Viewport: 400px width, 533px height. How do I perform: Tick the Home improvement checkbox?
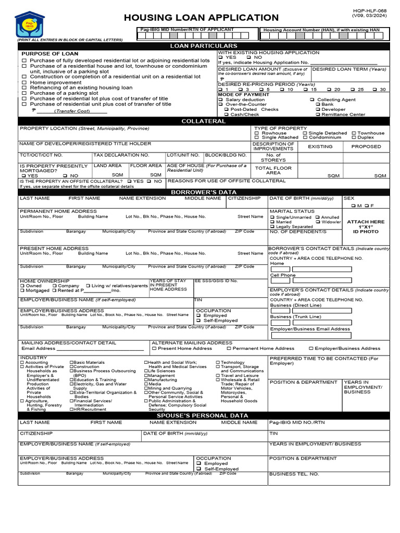(24, 82)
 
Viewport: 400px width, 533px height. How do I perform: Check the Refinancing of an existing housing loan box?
(24, 87)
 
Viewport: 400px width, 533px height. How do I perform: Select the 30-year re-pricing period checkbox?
(376, 90)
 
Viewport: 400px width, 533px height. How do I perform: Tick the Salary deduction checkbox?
(221, 99)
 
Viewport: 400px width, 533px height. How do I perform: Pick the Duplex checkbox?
(354, 138)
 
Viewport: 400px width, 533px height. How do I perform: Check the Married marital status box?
(272, 222)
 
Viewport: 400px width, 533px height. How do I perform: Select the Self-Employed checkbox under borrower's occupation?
(198, 321)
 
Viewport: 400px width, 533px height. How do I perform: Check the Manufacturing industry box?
(146, 380)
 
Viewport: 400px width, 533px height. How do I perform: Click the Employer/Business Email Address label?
(310, 329)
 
